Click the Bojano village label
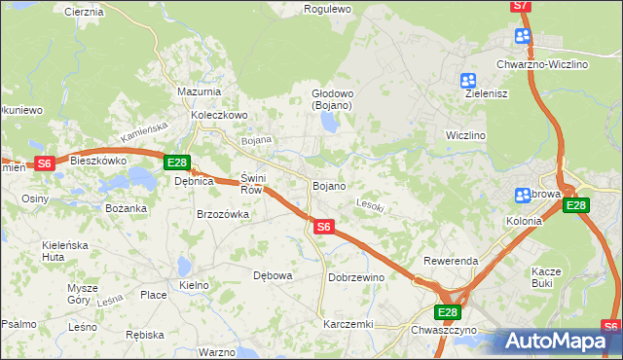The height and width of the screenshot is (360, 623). (329, 185)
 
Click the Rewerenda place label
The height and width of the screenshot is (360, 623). (450, 262)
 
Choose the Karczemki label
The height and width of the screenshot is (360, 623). (349, 324)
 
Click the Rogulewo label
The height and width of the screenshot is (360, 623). (327, 9)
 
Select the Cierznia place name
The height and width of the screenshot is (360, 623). (84, 12)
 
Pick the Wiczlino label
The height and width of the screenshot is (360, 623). (465, 134)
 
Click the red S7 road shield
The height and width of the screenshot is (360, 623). (522, 6)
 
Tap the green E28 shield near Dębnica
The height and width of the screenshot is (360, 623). (176, 162)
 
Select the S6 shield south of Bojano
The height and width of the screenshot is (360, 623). (324, 227)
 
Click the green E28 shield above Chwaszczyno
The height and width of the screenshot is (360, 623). (446, 312)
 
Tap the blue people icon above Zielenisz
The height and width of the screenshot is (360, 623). (468, 81)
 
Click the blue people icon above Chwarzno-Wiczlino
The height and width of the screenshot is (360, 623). (523, 37)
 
